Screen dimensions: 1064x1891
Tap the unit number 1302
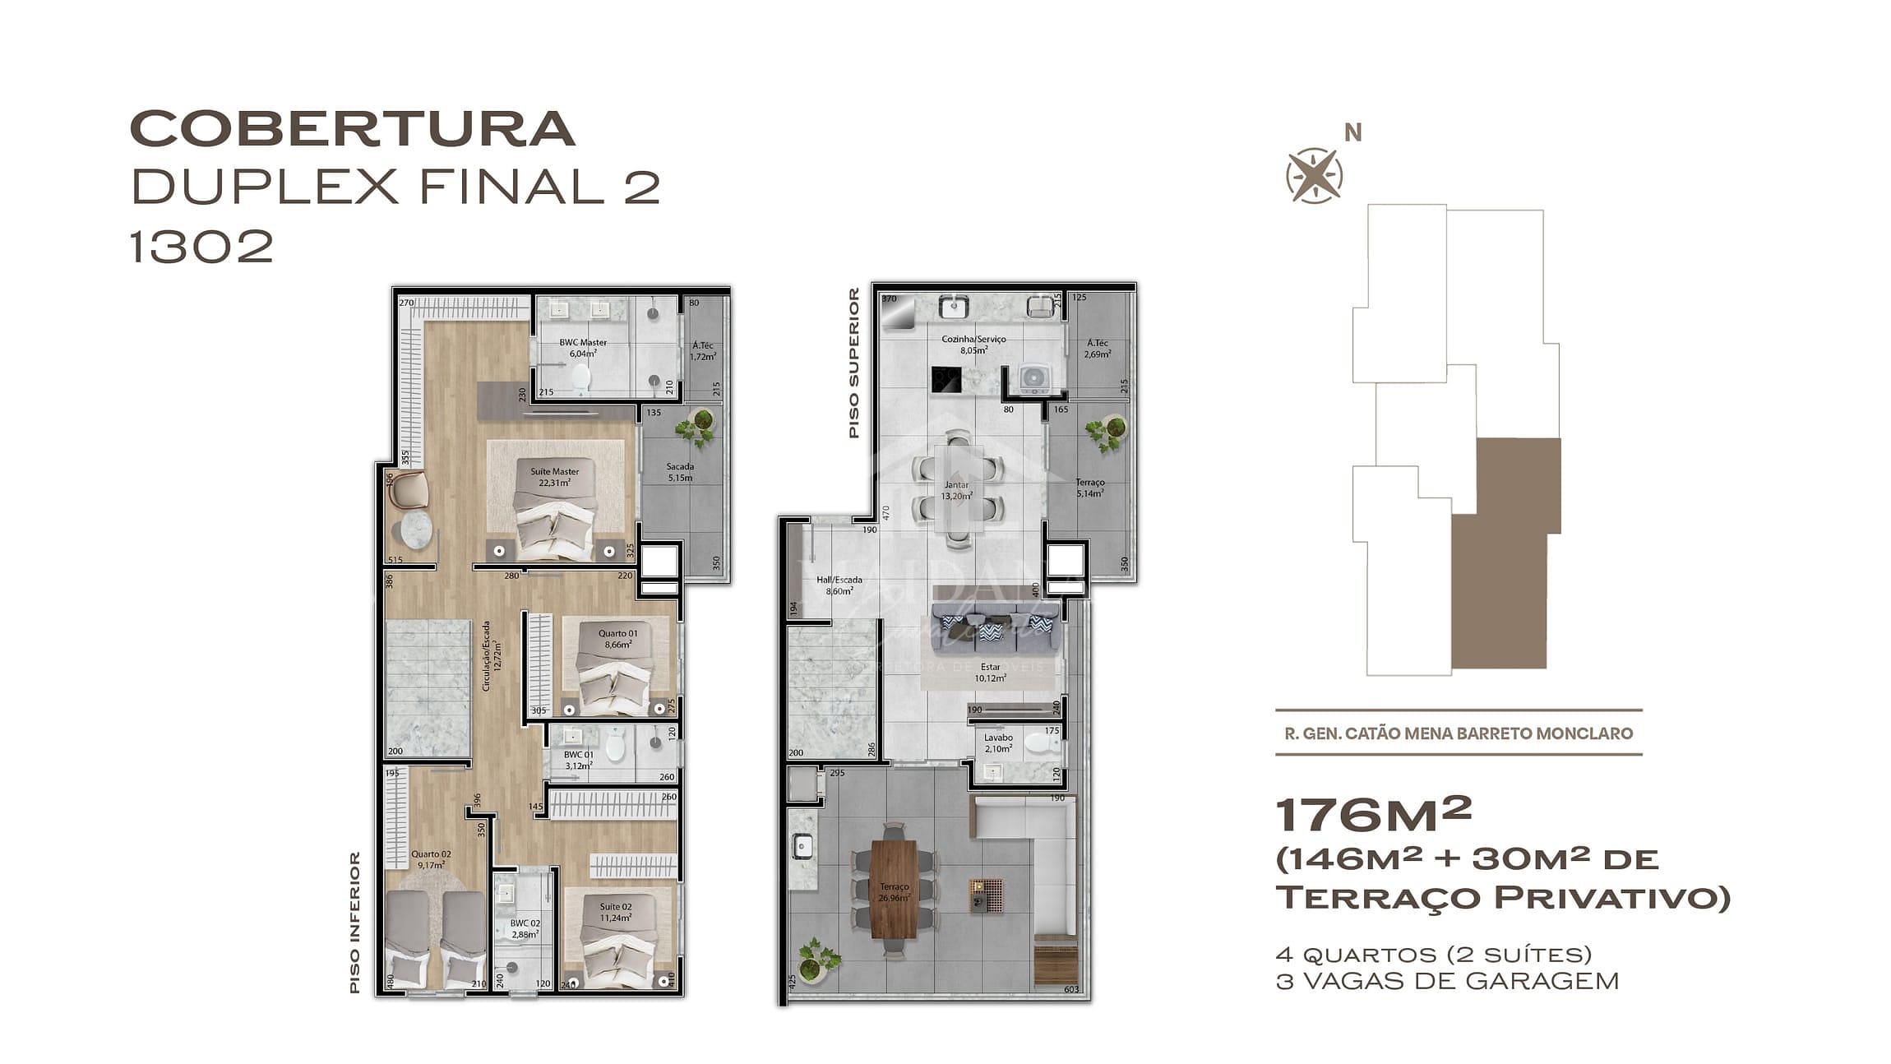(201, 246)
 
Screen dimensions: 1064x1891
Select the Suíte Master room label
(554, 477)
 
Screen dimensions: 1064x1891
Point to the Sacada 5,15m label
(680, 472)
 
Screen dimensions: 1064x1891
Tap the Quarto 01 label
(617, 639)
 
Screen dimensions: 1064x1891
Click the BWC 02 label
(525, 928)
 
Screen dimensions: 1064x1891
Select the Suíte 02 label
(615, 912)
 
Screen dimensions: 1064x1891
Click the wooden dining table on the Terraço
(894, 890)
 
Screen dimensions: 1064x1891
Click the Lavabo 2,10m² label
(998, 742)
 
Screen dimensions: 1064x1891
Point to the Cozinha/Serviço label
(973, 344)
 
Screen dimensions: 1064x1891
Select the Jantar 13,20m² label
(956, 490)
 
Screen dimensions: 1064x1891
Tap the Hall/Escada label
(839, 585)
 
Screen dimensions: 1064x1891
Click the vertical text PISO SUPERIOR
(853, 363)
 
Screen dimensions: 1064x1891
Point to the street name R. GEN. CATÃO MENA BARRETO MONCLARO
(1459, 733)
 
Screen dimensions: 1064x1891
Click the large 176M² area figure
(1372, 815)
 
